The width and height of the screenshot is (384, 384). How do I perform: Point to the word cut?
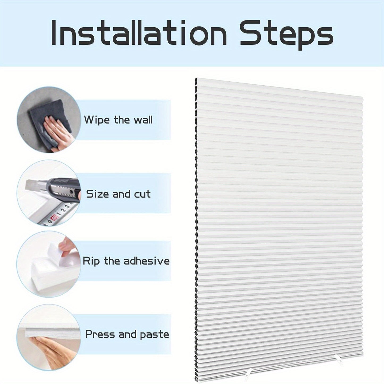142,194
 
